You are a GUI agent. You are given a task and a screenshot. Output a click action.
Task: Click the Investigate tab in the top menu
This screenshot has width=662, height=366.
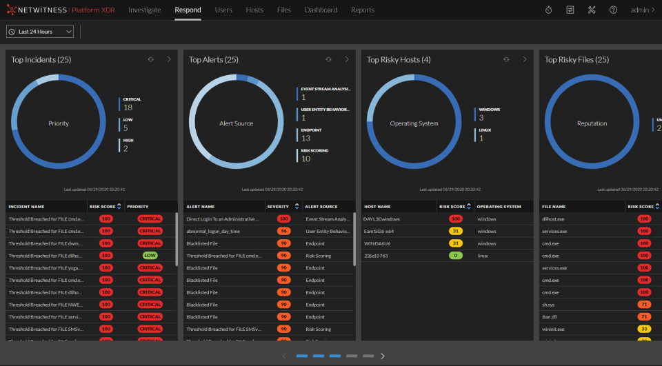145,10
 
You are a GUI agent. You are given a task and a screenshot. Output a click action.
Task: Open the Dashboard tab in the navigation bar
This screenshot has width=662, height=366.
321,10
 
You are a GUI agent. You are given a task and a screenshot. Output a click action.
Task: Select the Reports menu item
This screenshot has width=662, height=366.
363,10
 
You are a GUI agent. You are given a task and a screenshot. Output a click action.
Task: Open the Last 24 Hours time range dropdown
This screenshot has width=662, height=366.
40,32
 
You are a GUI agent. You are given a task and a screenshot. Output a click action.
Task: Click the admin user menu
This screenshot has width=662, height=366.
643,10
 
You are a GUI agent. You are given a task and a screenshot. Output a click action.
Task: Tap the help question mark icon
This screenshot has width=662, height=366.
613,10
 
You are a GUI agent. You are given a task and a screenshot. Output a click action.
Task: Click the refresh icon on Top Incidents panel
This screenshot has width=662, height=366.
150,60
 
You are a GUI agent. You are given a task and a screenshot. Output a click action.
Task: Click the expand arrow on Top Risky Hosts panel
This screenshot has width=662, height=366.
524,60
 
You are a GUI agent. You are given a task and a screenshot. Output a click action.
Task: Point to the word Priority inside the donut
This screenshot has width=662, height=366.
59,123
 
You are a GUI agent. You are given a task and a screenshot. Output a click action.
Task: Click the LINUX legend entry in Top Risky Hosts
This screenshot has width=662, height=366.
486,134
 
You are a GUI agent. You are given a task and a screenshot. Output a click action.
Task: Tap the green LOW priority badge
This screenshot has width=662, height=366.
150,256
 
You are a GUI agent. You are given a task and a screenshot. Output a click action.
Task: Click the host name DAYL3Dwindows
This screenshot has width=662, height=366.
381,219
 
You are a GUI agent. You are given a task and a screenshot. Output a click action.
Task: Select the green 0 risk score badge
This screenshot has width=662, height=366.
455,256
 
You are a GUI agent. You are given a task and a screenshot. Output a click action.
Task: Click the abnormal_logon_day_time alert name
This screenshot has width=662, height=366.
214,232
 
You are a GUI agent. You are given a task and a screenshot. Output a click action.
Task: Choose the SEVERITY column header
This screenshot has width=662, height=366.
278,206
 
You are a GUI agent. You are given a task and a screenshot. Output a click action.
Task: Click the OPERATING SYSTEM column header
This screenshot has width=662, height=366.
499,206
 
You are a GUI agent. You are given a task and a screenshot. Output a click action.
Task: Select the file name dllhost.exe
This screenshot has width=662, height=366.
553,219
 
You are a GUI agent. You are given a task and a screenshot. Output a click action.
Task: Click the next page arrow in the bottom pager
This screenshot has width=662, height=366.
383,356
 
